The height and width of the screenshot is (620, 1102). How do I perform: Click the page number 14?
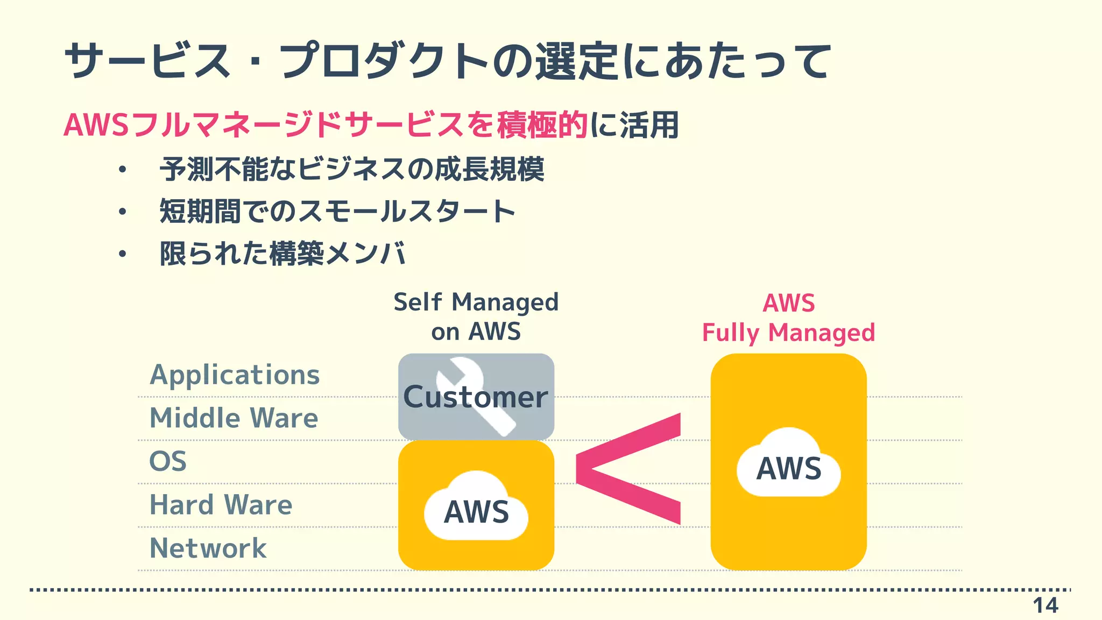(1045, 605)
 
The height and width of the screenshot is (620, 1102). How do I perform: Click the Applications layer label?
(235, 375)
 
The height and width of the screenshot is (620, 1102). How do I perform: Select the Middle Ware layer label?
(234, 418)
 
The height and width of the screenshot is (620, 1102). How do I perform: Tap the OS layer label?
(168, 462)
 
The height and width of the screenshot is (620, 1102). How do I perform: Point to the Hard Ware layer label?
(221, 505)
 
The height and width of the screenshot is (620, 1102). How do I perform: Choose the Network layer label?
(208, 548)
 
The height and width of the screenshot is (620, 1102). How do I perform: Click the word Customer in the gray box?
(476, 397)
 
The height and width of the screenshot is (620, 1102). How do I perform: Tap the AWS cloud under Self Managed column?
(476, 509)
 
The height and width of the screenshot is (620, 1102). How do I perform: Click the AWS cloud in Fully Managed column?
(789, 466)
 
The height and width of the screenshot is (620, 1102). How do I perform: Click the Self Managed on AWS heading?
(476, 316)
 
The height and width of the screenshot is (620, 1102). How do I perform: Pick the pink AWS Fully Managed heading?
(788, 318)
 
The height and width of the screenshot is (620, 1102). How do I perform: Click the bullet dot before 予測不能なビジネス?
(123, 170)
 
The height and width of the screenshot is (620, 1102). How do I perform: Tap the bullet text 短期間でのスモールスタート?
(337, 211)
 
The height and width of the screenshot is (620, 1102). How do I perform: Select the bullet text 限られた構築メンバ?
(282, 253)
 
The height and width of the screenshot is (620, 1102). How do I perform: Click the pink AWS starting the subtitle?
(96, 125)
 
